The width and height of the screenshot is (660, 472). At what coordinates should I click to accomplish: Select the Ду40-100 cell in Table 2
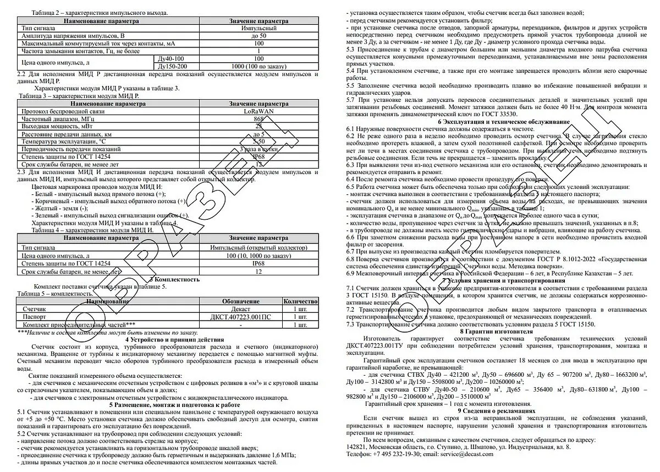[x=170, y=58]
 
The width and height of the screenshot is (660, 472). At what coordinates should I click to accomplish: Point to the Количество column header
[x=300, y=302]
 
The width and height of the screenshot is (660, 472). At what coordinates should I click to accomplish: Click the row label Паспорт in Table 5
[x=35, y=317]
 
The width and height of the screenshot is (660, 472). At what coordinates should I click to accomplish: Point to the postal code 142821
[x=356, y=447]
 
